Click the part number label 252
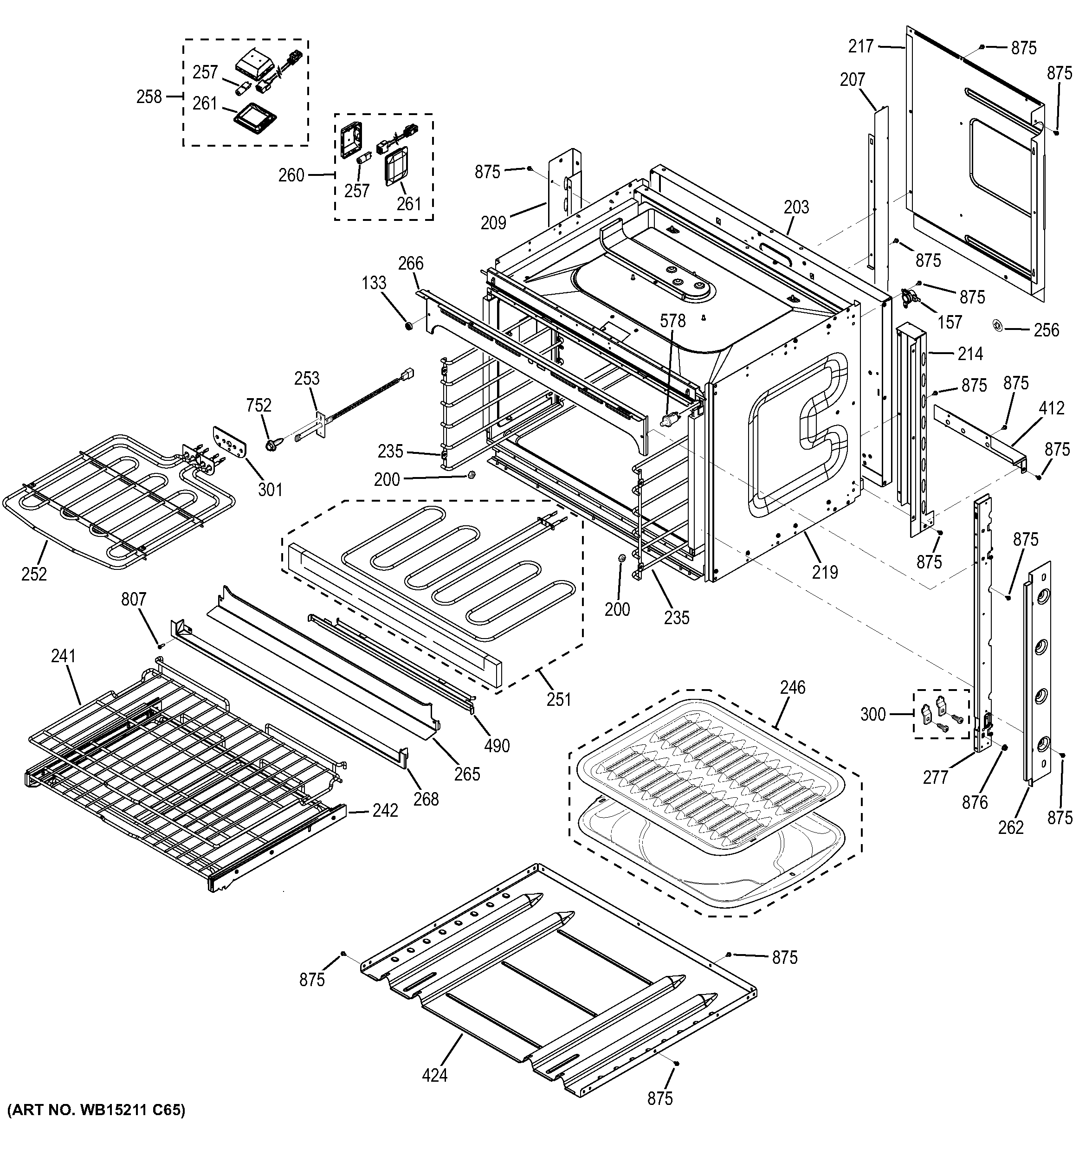tap(34, 574)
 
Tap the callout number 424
tap(434, 1075)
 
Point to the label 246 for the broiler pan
tap(792, 687)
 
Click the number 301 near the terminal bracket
tap(270, 490)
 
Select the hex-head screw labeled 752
tap(271, 445)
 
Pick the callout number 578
tap(673, 321)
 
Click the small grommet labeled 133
tap(408, 327)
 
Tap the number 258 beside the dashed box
tap(149, 97)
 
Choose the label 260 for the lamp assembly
tap(291, 174)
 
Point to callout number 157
tap(950, 322)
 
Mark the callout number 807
tap(134, 600)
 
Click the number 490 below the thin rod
tap(497, 746)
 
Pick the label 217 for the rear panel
tap(860, 46)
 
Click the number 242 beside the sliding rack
tap(385, 810)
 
